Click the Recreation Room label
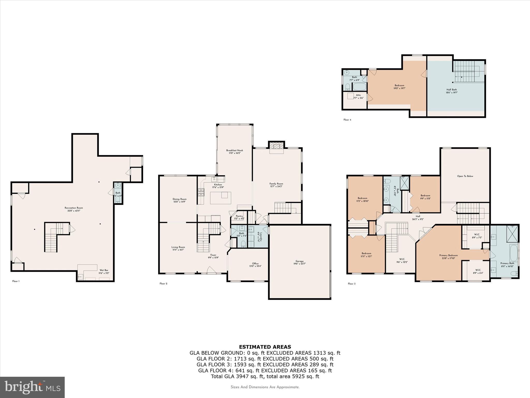pyautogui.click(x=74, y=208)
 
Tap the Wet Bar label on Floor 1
pyautogui.click(x=104, y=270)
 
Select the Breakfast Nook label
pyautogui.click(x=234, y=150)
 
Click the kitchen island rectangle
pyautogui.click(x=220, y=198)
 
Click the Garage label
pyautogui.click(x=299, y=261)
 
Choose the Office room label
pyautogui.click(x=255, y=264)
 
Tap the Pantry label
pyautogui.click(x=239, y=216)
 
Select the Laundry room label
pyautogui.click(x=261, y=237)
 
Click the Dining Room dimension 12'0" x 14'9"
pyautogui.click(x=179, y=202)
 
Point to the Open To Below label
pyautogui.click(x=465, y=176)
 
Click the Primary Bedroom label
pyautogui.click(x=448, y=255)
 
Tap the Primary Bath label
pyautogui.click(x=507, y=263)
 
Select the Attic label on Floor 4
pyautogui.click(x=358, y=95)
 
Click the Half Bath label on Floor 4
pyautogui.click(x=452, y=90)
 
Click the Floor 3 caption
pyautogui.click(x=351, y=284)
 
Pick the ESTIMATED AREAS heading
pyautogui.click(x=265, y=347)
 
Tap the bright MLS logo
pyautogui.click(x=32, y=387)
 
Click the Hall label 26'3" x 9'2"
pyautogui.click(x=418, y=216)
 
